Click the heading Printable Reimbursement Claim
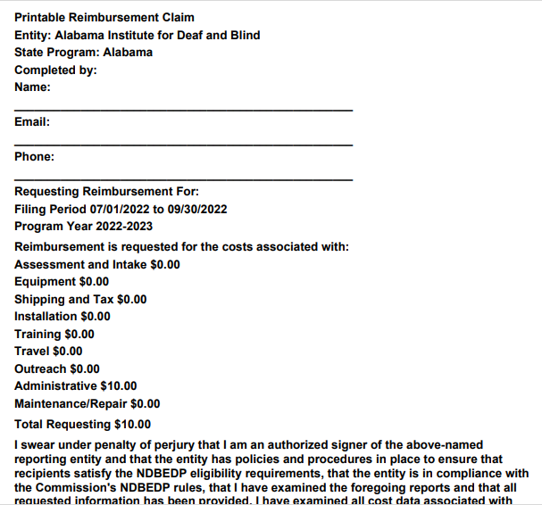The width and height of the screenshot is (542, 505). tap(104, 18)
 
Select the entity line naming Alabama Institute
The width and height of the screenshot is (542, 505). tap(138, 35)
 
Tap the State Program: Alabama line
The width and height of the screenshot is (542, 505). tap(83, 52)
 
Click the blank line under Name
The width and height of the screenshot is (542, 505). tap(183, 110)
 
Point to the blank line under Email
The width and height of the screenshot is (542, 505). tap(183, 145)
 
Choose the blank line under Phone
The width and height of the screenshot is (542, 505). tap(183, 179)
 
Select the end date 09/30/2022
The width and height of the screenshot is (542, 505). tap(197, 209)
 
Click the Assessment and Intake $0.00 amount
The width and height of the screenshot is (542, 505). tap(161, 264)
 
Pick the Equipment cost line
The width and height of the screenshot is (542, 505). tap(62, 282)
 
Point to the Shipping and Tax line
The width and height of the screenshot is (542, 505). tap(80, 299)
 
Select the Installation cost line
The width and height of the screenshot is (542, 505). tap(63, 316)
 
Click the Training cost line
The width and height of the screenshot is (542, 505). tap(54, 334)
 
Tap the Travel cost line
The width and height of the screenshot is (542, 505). tap(48, 351)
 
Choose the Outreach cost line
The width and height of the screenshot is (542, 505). tap(57, 368)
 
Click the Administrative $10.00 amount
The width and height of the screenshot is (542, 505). tap(119, 385)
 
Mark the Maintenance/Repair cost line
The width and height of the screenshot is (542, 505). tap(88, 403)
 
